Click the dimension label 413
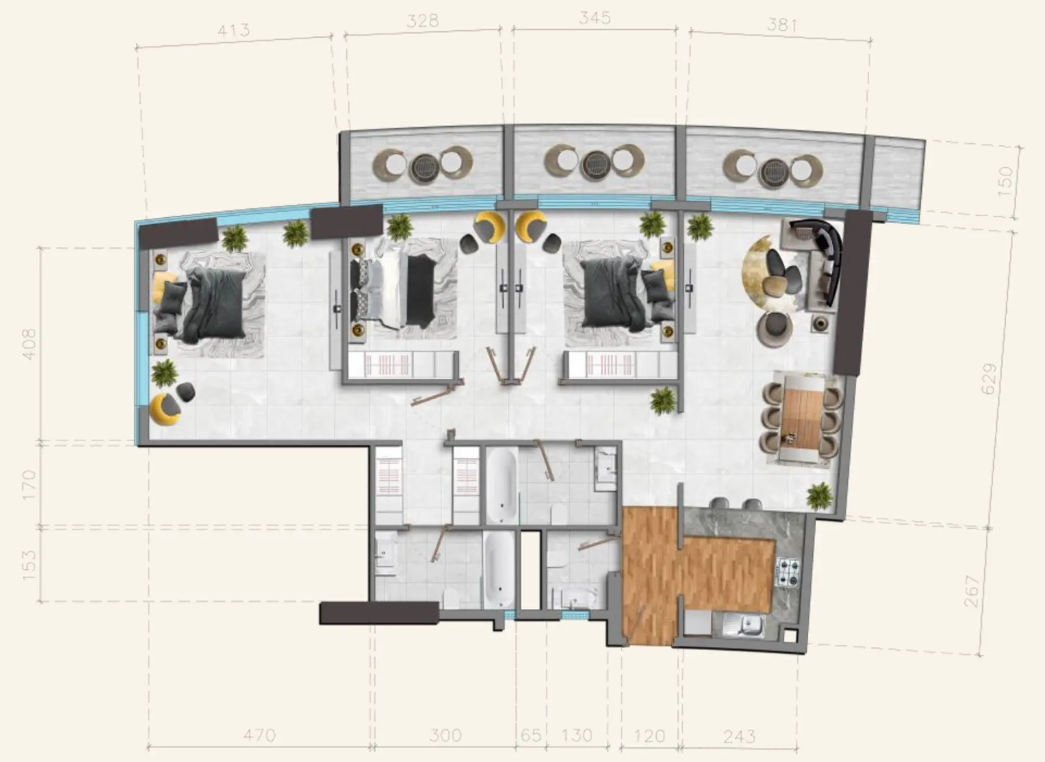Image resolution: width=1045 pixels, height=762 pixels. (233, 30)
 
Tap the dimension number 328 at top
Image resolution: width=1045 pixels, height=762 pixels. (423, 21)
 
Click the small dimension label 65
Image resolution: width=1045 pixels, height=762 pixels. (531, 736)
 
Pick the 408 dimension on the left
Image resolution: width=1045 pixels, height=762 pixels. (29, 343)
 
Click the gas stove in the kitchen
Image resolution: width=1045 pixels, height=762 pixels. (789, 573)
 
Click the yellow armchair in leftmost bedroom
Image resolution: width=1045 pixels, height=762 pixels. (164, 408)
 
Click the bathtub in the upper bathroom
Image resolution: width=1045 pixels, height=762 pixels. (502, 485)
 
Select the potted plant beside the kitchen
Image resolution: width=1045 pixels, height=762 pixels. (819, 495)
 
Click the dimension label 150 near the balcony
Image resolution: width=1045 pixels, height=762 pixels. (1006, 178)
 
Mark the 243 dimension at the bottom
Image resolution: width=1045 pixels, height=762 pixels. (739, 736)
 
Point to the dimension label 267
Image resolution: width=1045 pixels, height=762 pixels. (972, 592)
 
